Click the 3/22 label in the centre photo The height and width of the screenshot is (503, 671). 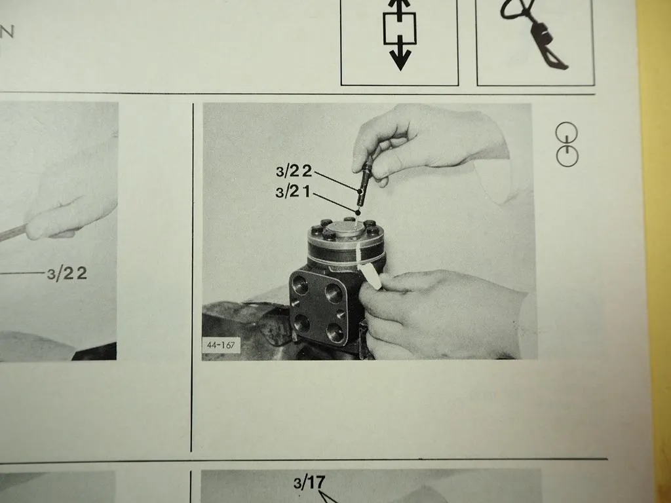click(x=294, y=171)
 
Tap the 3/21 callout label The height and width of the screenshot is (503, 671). click(x=293, y=192)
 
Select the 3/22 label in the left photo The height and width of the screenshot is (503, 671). click(x=67, y=273)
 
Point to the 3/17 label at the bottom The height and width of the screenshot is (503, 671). click(x=309, y=482)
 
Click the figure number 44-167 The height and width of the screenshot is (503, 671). click(x=221, y=345)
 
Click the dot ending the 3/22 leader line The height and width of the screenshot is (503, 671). click(x=360, y=190)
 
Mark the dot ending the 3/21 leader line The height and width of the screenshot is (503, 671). click(x=358, y=212)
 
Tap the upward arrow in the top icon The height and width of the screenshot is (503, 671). click(x=399, y=9)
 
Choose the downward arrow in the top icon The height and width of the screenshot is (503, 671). click(x=400, y=54)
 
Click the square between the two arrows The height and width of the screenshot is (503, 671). click(x=400, y=28)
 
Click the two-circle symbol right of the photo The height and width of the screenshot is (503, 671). click(x=567, y=145)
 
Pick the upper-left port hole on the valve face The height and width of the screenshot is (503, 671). click(x=300, y=284)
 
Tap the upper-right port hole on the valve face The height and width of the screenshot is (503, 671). click(x=334, y=293)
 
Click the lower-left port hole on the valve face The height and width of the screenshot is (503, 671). click(x=301, y=323)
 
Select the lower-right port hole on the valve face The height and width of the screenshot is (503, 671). click(x=335, y=332)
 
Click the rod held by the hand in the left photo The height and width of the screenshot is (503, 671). click(x=14, y=233)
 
